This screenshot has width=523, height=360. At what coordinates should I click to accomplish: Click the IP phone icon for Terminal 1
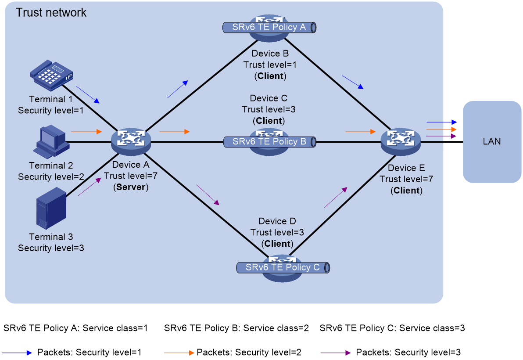tap(51, 76)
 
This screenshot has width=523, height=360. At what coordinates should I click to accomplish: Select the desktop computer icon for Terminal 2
tap(51, 141)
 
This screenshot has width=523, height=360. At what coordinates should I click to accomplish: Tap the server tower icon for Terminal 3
tap(51, 208)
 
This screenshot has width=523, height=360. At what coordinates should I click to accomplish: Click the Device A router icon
tap(131, 142)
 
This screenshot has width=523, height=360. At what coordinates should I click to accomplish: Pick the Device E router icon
tap(401, 142)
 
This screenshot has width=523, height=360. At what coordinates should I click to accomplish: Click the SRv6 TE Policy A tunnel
tap(269, 27)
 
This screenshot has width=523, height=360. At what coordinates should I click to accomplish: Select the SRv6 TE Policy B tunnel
tap(269, 142)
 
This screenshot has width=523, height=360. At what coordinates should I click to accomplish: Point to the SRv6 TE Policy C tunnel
tap(283, 267)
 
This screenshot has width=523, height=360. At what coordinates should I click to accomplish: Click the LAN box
tap(492, 142)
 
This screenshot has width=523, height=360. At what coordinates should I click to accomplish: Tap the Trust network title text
tap(51, 13)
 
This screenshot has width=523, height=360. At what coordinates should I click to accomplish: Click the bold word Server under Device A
tap(131, 187)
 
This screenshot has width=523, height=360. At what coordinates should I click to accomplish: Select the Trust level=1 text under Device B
tap(270, 65)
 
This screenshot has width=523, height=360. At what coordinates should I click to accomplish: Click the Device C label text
tap(269, 98)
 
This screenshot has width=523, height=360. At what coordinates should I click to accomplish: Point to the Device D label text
tap(277, 221)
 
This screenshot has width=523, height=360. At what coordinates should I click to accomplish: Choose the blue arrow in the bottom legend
tap(17, 353)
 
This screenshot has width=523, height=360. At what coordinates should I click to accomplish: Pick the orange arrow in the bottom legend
tap(179, 353)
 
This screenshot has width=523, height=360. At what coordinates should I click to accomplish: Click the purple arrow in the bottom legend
tap(336, 353)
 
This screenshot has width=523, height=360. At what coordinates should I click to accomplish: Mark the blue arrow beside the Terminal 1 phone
tap(88, 95)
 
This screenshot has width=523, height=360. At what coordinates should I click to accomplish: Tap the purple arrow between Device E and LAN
tap(441, 136)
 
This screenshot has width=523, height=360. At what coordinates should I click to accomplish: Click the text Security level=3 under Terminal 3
tap(51, 248)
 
